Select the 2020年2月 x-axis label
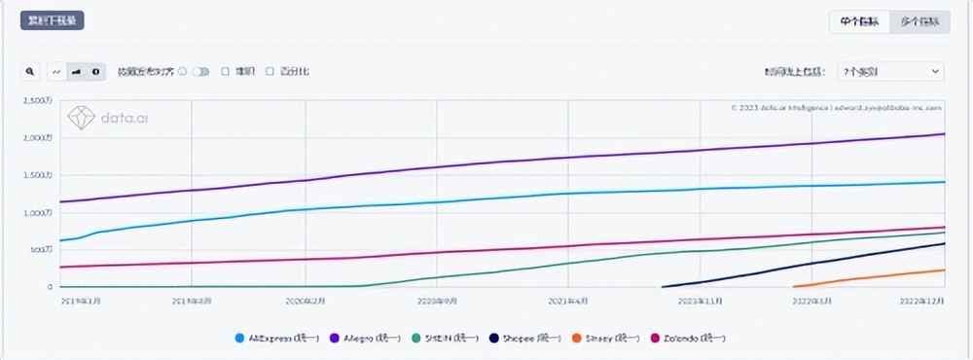point(306,302)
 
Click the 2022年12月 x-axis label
point(919,302)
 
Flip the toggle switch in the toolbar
point(201,71)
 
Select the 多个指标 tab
point(919,21)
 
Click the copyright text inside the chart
point(836,107)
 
